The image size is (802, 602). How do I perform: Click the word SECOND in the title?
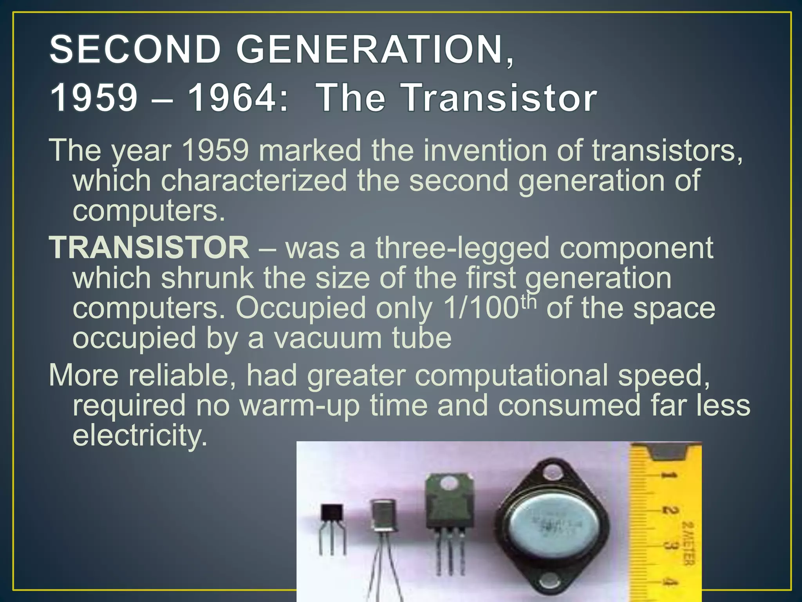[x=135, y=49]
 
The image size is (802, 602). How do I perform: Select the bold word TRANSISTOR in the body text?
[x=149, y=248]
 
